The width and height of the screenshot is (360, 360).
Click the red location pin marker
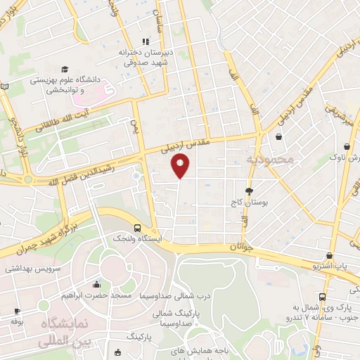180,166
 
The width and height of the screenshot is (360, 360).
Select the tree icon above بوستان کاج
249,191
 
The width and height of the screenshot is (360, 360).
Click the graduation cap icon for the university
65,70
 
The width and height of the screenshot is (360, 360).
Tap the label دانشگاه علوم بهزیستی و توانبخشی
69,85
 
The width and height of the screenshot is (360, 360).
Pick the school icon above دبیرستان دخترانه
146,41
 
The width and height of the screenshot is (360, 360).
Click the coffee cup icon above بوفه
16,310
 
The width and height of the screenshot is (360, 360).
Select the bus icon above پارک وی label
322,297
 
